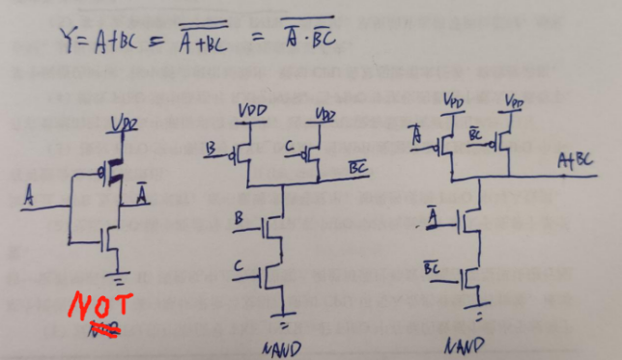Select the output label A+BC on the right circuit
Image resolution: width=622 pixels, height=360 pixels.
(x=575, y=165)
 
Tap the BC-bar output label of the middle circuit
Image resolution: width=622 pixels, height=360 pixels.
(x=357, y=169)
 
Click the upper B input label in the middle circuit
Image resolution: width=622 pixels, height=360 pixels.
(x=212, y=148)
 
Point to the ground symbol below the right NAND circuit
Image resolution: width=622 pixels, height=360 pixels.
(x=479, y=316)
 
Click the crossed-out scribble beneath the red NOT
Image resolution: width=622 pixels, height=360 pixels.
(x=103, y=331)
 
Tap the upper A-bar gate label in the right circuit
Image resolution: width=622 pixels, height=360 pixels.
(x=416, y=134)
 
